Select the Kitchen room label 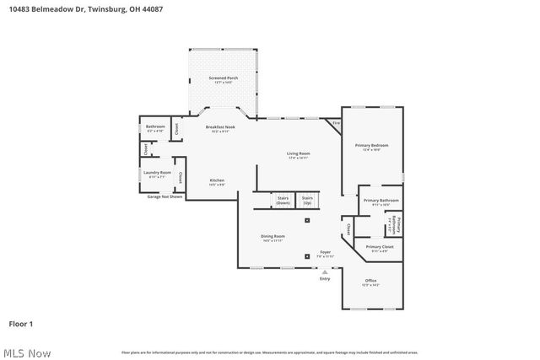[217, 182]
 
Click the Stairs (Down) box [283, 201]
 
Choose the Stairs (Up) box [307, 201]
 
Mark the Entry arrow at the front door [325, 274]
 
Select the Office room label [370, 282]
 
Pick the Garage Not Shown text [165, 196]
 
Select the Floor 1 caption [21, 323]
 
